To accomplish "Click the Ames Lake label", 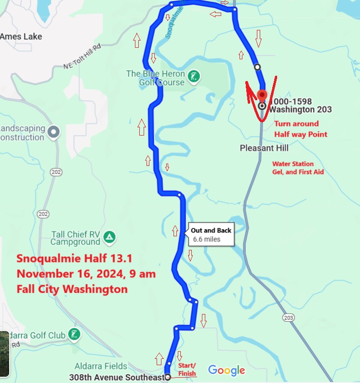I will point(21,37).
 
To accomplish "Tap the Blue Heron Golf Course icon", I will point(194,76).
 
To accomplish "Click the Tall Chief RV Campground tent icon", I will point(110,237).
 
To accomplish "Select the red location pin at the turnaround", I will point(262,95).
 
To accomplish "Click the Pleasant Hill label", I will point(264,148).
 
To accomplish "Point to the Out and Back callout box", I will point(211,234).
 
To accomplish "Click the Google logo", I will point(227,370).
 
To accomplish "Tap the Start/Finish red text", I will point(187,369).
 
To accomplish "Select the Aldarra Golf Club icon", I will point(74,334).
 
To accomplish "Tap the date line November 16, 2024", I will point(86,274).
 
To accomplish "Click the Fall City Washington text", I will point(72,289).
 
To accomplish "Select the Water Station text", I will point(293,164).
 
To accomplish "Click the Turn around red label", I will point(297,124).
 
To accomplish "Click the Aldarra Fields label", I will point(101,366).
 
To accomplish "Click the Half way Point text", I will point(301,135).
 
